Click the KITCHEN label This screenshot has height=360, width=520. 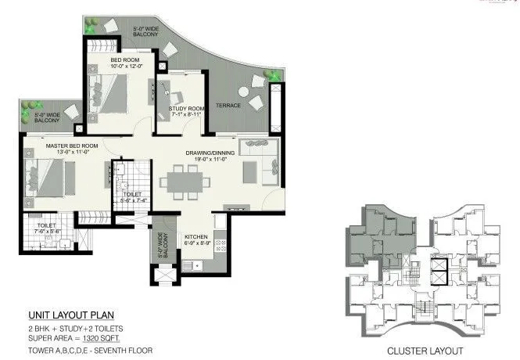(x=195, y=236)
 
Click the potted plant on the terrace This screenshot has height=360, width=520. (x=274, y=76)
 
